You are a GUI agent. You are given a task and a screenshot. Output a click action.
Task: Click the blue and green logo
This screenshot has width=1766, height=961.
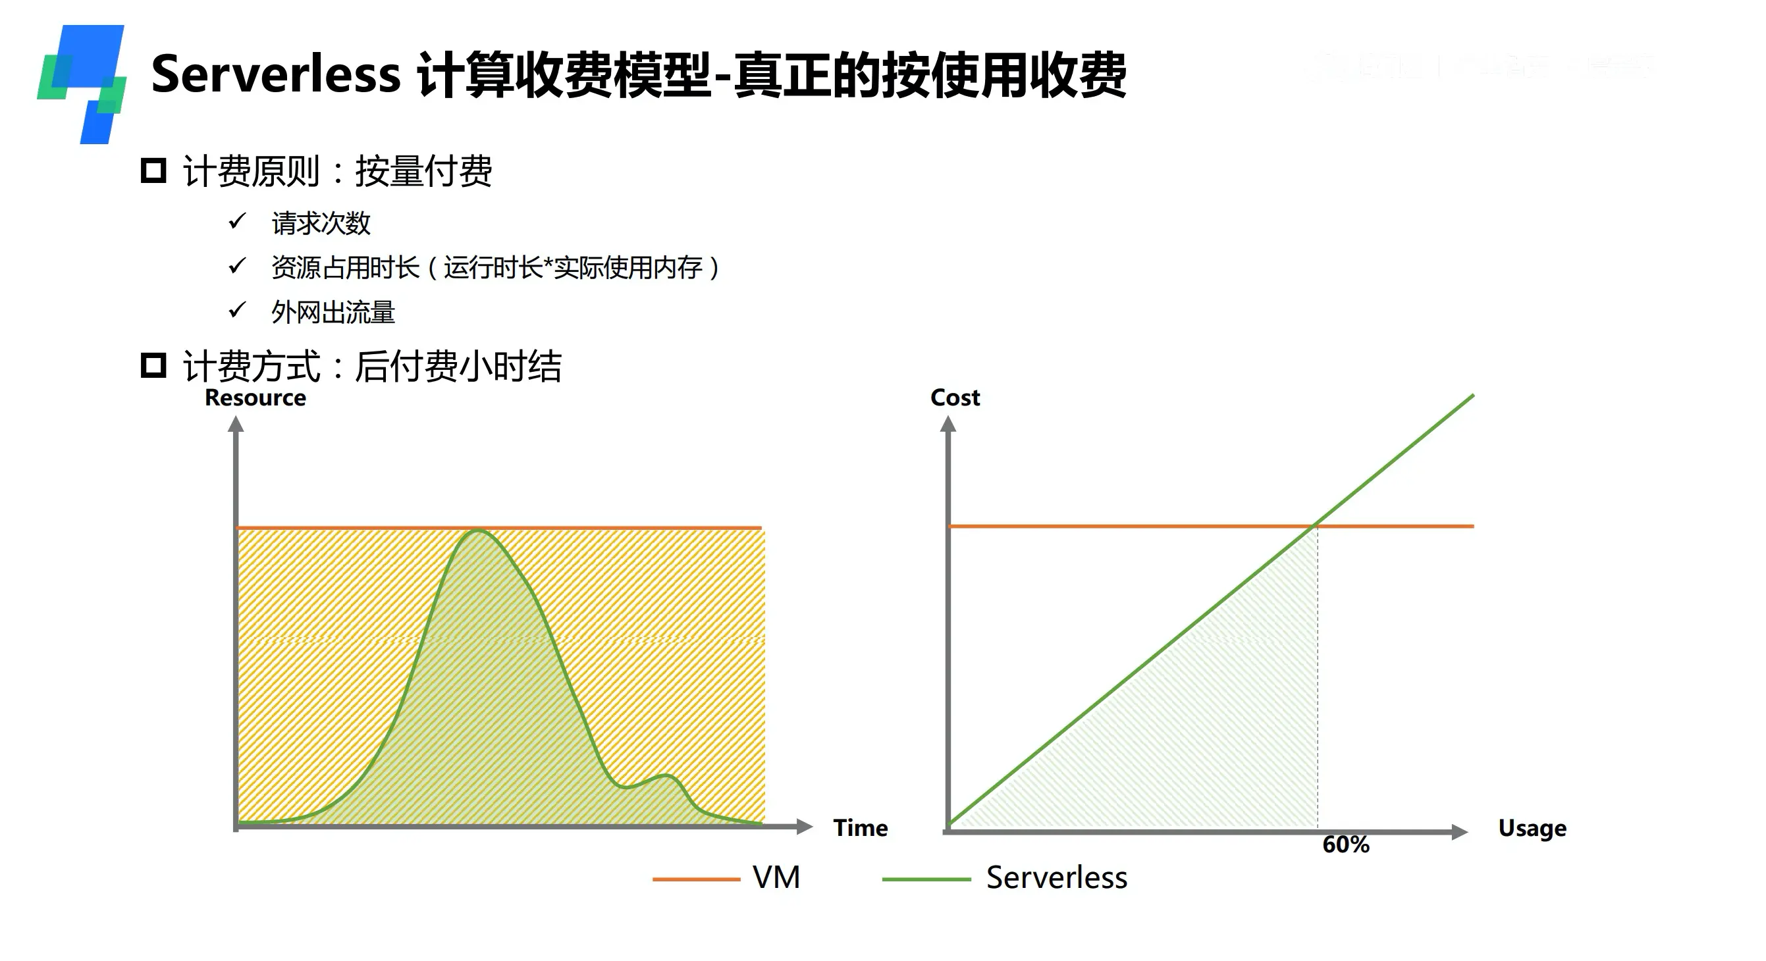[x=82, y=84]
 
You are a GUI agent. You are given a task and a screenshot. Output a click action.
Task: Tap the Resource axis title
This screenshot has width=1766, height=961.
[x=255, y=398]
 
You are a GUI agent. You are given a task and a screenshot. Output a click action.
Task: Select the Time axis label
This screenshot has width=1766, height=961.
[x=860, y=828]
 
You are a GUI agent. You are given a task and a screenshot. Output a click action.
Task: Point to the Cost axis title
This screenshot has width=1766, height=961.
[x=954, y=398]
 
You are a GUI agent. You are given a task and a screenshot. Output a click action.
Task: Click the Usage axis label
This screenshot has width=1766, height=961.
[x=1532, y=828]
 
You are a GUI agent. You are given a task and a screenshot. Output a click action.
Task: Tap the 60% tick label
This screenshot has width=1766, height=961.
[x=1345, y=844]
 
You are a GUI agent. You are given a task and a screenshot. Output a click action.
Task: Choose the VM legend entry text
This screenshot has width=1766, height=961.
[x=776, y=877]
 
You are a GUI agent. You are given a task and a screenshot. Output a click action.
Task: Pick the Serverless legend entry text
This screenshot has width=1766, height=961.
[x=1056, y=877]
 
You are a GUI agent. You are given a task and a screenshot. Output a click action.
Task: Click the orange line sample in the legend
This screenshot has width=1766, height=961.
[x=696, y=879]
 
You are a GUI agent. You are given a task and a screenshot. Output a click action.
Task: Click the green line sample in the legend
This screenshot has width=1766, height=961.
[x=926, y=879]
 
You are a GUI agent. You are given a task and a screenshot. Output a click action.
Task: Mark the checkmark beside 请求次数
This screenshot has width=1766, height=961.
[x=237, y=221]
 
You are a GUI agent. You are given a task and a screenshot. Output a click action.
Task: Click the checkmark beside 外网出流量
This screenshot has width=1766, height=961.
[x=237, y=310]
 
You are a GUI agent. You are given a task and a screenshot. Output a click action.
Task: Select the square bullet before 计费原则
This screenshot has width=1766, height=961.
[x=153, y=170]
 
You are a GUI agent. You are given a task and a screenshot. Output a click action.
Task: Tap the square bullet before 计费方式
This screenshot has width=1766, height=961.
[x=153, y=365]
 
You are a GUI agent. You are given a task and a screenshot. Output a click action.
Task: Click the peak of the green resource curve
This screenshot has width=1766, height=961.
[x=477, y=531]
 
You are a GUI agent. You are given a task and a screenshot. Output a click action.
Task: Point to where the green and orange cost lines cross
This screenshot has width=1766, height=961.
[x=1316, y=526]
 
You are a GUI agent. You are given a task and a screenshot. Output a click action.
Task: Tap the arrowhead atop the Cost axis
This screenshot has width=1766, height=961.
[x=948, y=425]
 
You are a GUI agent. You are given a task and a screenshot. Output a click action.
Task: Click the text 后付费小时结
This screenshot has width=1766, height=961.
[x=458, y=366]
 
